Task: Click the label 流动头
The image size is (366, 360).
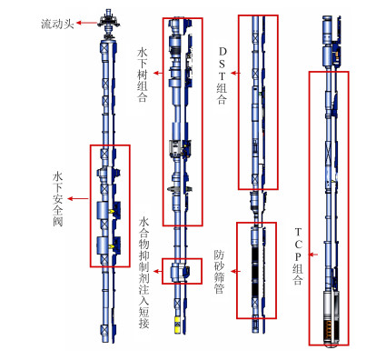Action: pyautogui.click(x=57, y=24)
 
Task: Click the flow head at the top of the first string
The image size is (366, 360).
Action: pyautogui.click(x=108, y=23)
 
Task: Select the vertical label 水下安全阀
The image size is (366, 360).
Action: pyautogui.click(x=57, y=199)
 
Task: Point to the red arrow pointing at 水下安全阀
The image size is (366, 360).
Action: pyautogui.click(x=78, y=199)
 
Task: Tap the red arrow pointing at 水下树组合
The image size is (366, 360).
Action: pyautogui.click(x=158, y=73)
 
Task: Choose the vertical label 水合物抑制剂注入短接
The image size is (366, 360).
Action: pyautogui.click(x=143, y=274)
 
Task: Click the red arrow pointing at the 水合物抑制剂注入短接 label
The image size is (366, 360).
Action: pyautogui.click(x=158, y=271)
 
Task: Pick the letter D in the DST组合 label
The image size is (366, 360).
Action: pyautogui.click(x=223, y=52)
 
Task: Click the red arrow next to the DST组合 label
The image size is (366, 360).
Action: pyautogui.click(x=235, y=73)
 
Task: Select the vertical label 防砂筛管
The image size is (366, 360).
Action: pyautogui.click(x=219, y=272)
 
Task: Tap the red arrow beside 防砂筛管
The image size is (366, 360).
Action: pyautogui.click(x=235, y=271)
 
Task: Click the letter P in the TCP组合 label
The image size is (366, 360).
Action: pyautogui.click(x=298, y=256)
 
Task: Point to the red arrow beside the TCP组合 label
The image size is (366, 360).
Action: pyautogui.click(x=313, y=255)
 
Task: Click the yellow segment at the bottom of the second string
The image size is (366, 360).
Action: pyautogui.click(x=177, y=325)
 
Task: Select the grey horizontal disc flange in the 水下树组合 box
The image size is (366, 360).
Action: pyautogui.click(x=180, y=189)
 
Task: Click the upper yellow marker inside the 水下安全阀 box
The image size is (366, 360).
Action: pyautogui.click(x=112, y=211)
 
